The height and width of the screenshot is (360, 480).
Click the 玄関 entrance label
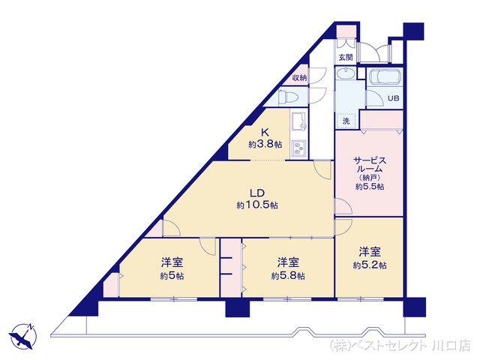[344, 57]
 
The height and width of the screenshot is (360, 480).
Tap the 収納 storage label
[300, 77]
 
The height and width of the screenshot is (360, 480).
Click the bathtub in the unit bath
[385, 76]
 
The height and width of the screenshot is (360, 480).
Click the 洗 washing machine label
[346, 121]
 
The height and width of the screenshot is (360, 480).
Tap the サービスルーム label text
[369, 164]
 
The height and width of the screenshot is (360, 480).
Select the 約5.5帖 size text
[369, 187]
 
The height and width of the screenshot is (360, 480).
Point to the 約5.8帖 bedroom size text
[288, 275]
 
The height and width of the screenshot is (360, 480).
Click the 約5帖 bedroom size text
[172, 275]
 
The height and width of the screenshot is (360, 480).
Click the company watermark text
[400, 346]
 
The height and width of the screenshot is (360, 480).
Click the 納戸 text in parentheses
[369, 177]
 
